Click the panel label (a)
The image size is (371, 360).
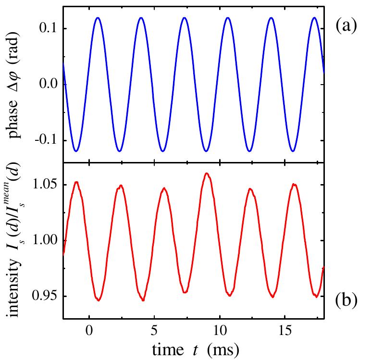click(346, 25)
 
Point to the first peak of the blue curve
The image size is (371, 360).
click(97, 18)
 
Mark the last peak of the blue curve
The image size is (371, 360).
click(314, 18)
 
